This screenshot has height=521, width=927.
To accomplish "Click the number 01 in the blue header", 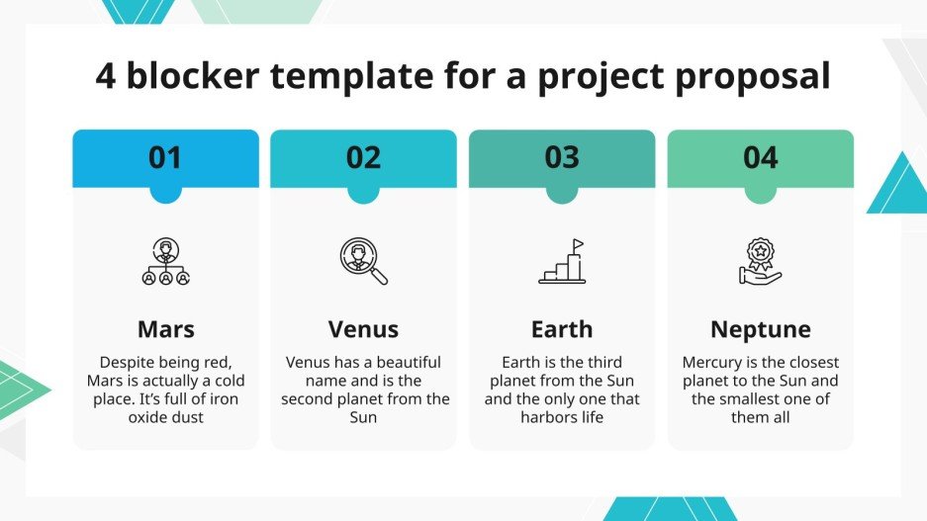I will tap(165, 158).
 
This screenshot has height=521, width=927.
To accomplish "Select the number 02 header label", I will tap(363, 158).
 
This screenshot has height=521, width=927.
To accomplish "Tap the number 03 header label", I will tap(562, 158).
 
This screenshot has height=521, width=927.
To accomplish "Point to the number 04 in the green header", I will tap(760, 158).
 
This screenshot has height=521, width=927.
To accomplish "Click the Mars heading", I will tap(165, 328).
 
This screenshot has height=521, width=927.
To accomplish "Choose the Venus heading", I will tap(363, 328).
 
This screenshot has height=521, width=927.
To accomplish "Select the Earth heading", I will tap(562, 328).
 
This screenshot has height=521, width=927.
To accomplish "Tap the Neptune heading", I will tap(760, 328).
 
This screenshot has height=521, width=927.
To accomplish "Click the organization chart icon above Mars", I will tap(165, 262).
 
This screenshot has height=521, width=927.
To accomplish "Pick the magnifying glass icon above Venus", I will tap(363, 262).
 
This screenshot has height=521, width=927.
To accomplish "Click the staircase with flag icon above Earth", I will tap(562, 262).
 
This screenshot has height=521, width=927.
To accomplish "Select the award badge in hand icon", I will tap(760, 262).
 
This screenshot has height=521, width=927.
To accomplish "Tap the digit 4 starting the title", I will tap(106, 76).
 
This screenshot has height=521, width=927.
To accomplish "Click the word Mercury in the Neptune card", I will tap(715, 363).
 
